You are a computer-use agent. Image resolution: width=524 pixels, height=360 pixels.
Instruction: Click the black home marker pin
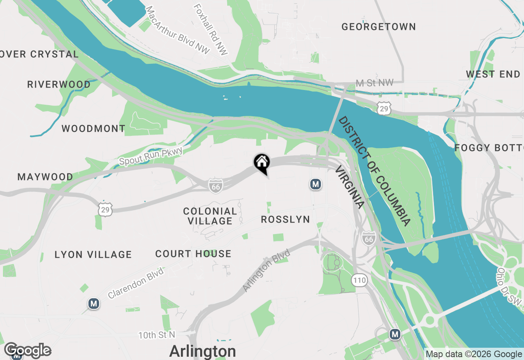pyautogui.click(x=262, y=163)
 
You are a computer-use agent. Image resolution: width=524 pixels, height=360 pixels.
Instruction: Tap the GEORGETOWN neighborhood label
pyautogui.click(x=379, y=27)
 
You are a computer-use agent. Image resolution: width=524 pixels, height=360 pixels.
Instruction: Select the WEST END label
pyautogui.click(x=493, y=74)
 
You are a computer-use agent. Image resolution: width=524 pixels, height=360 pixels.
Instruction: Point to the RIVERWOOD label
pyautogui.click(x=59, y=84)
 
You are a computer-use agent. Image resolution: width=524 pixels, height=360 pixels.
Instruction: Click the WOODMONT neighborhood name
pyautogui.click(x=93, y=128)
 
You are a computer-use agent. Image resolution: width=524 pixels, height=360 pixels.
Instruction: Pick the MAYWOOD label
pyautogui.click(x=45, y=177)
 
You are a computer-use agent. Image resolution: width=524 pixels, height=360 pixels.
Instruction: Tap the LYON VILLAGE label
pyautogui.click(x=93, y=254)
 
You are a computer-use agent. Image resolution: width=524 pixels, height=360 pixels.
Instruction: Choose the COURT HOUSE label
pyautogui.click(x=193, y=254)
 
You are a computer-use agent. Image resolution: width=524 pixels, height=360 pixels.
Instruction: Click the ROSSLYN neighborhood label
pyautogui.click(x=285, y=220)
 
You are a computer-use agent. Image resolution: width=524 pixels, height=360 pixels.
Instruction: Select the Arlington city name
pyautogui.click(x=202, y=351)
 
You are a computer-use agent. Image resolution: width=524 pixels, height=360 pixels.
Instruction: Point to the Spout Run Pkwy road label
pyautogui.click(x=151, y=156)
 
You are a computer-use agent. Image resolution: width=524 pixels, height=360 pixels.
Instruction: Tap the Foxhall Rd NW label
pyautogui.click(x=210, y=29)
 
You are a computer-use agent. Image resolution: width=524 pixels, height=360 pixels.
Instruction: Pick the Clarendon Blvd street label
pyautogui.click(x=136, y=282)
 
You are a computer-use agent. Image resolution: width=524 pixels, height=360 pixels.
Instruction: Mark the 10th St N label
pyautogui.click(x=156, y=335)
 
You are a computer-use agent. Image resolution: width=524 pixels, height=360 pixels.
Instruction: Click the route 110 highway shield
pyautogui.click(x=359, y=281)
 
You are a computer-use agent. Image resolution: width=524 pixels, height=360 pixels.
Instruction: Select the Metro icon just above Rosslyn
pyautogui.click(x=315, y=184)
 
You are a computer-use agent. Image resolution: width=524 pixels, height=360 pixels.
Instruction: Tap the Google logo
pyautogui.click(x=27, y=350)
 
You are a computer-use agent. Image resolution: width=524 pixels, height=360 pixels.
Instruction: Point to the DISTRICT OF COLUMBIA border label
pyautogui.click(x=374, y=171)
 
